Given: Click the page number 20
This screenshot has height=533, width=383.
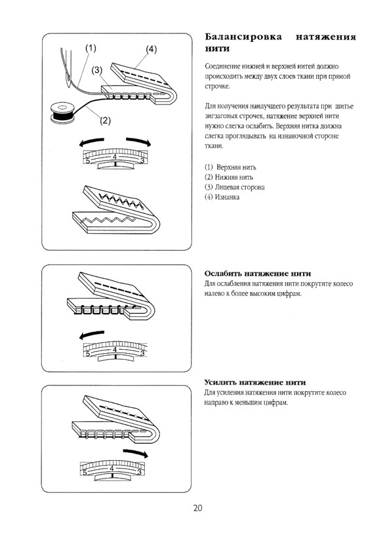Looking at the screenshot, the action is click(197, 508).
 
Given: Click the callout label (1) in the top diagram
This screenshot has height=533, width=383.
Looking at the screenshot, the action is click(91, 48).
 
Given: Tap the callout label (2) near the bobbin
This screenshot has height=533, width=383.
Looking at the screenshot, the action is click(105, 120).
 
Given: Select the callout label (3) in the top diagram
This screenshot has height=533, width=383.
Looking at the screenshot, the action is click(97, 70).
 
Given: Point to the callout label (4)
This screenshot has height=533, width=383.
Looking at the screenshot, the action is click(151, 49).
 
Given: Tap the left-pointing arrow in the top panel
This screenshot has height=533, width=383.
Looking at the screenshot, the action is click(91, 142).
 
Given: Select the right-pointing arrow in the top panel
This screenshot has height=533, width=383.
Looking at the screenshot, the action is click(138, 141).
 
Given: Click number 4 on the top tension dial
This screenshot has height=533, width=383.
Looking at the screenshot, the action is click(115, 157).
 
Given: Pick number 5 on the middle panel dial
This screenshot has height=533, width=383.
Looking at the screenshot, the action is click(88, 354).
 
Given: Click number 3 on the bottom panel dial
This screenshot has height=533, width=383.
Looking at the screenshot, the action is click(139, 472).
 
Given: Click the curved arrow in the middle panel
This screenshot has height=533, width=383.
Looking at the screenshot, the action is click(92, 335).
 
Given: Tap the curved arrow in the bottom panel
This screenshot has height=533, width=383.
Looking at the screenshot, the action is click(136, 454).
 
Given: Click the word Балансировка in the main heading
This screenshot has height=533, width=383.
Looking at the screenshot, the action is click(243, 37).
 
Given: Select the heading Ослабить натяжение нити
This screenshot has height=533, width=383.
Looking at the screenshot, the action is click(258, 274).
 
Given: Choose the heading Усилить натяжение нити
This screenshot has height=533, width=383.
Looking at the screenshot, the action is click(255, 383).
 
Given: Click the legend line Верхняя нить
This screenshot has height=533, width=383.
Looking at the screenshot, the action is click(231, 167).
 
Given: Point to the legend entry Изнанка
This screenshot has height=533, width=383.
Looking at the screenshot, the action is click(222, 197).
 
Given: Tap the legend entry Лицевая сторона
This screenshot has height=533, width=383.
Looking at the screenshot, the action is click(235, 187).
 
